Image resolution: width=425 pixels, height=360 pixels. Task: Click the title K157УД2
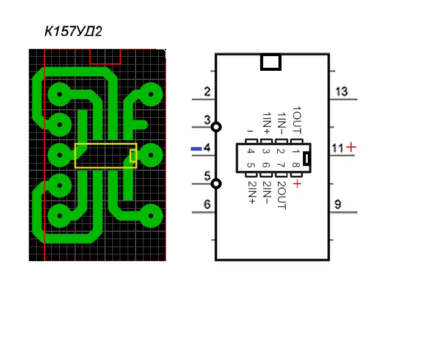click(x=73, y=31)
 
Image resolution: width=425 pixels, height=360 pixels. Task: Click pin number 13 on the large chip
click(x=341, y=92)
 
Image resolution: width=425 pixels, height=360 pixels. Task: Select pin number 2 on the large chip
click(x=207, y=92)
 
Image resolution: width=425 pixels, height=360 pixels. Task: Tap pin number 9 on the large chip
click(x=338, y=204)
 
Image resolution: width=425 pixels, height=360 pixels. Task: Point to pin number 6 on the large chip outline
click(x=207, y=204)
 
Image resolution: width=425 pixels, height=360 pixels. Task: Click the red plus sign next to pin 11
click(x=351, y=148)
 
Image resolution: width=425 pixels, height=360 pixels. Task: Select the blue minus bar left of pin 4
click(x=197, y=149)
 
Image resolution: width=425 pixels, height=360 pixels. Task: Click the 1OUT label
click(x=297, y=120)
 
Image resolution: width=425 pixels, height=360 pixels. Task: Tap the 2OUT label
click(x=282, y=195)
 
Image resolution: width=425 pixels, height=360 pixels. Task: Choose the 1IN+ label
click(x=267, y=123)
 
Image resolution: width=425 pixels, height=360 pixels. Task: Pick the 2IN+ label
click(x=252, y=192)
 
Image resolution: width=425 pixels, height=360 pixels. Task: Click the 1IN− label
click(x=282, y=123)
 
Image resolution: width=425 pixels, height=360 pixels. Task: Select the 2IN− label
click(x=267, y=192)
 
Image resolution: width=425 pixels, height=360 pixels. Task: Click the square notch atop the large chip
click(x=271, y=62)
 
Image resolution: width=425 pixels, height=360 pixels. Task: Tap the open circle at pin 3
click(x=216, y=127)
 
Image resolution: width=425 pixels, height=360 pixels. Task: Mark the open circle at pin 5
click(x=216, y=184)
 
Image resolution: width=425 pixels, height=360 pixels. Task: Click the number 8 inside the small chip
click(x=296, y=165)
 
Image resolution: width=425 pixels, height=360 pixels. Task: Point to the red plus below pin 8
click(x=297, y=184)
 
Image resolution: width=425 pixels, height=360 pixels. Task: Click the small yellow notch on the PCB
click(x=133, y=156)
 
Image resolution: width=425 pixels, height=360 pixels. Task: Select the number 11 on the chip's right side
click(x=338, y=148)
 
